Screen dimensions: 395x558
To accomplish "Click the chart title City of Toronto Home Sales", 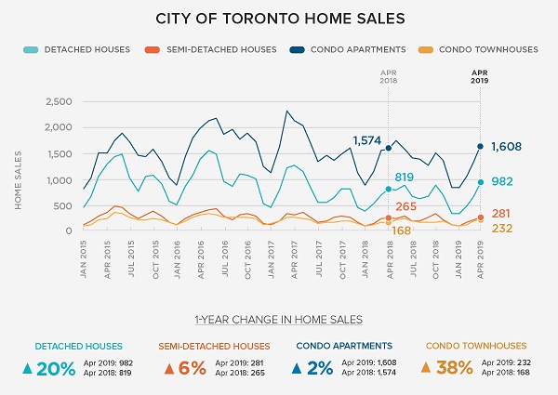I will pyautogui.click(x=278, y=18).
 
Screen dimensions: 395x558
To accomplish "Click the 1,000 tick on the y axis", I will pyautogui.click(x=57, y=179).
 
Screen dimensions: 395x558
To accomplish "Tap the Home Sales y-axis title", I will pyautogui.click(x=18, y=177).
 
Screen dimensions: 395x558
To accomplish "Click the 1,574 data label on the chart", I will pyautogui.click(x=367, y=140).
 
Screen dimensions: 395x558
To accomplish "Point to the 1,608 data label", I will pyautogui.click(x=506, y=146).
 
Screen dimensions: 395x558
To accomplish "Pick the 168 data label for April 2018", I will pyautogui.click(x=401, y=230).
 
